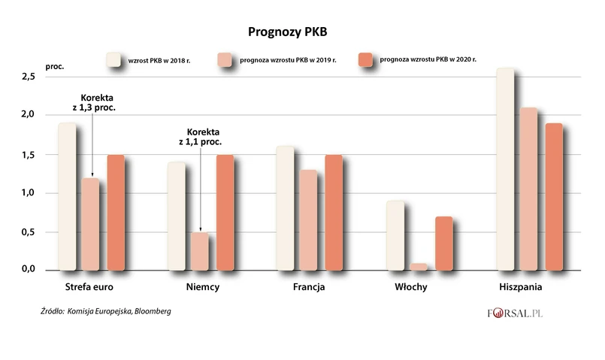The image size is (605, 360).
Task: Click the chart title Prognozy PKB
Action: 288,32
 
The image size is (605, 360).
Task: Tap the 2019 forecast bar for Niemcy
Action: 199,251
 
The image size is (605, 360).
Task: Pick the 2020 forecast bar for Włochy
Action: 443,243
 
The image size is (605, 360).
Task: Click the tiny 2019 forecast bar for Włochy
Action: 419,266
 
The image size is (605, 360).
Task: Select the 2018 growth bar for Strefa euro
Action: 67,196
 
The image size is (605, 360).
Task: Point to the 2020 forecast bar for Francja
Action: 334,213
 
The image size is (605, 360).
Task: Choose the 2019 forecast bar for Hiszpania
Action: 529,189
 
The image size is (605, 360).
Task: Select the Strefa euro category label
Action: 89,288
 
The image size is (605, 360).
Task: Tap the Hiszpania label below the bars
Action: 521,288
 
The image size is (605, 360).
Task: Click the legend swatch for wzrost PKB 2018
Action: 113,60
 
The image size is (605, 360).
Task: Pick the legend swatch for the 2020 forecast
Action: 366,60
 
